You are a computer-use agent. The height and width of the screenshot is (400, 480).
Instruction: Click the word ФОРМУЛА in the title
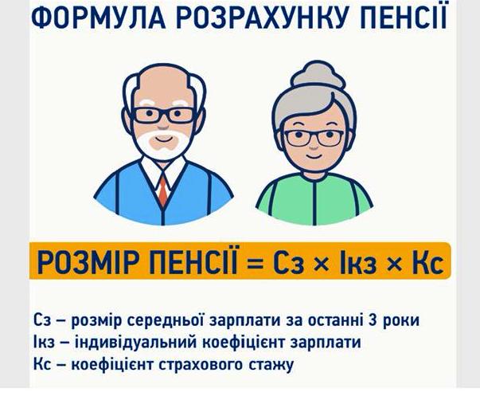[99, 17]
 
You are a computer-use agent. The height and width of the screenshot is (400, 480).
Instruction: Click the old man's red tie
[163, 189]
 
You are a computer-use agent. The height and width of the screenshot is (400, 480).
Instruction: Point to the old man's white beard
[163, 143]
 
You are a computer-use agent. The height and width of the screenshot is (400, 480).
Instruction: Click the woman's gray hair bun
[318, 74]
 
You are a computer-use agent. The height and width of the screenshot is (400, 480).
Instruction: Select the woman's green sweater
[314, 199]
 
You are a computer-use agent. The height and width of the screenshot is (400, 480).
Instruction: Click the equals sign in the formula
[255, 263]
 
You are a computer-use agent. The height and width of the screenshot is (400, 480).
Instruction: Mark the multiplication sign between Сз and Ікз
[322, 264]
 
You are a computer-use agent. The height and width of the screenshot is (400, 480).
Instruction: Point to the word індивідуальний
[135, 343]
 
